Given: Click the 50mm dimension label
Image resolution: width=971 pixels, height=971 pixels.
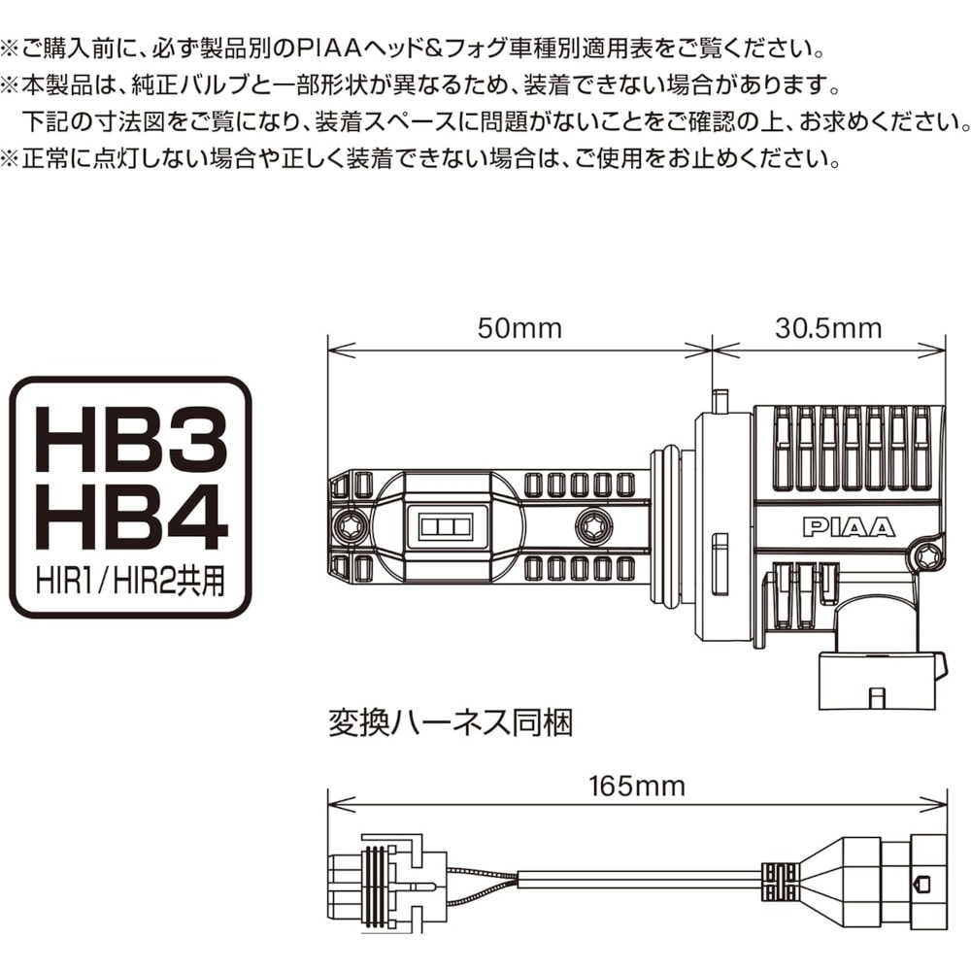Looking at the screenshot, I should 519,328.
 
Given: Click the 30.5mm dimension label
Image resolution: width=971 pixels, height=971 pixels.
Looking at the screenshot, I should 828,328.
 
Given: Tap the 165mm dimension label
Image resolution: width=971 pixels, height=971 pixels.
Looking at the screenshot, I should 636,785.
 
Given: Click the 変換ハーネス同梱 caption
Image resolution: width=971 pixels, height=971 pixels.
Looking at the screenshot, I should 452,723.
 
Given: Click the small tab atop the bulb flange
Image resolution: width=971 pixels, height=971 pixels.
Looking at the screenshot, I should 720,400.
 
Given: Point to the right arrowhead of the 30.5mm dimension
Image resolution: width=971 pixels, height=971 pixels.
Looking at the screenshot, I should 939,348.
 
